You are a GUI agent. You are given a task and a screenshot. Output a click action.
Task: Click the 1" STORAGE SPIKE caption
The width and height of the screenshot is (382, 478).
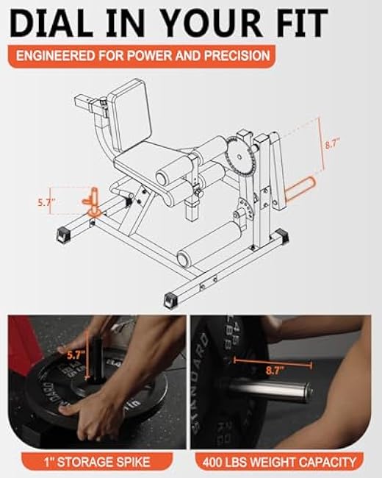coord(96,462)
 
